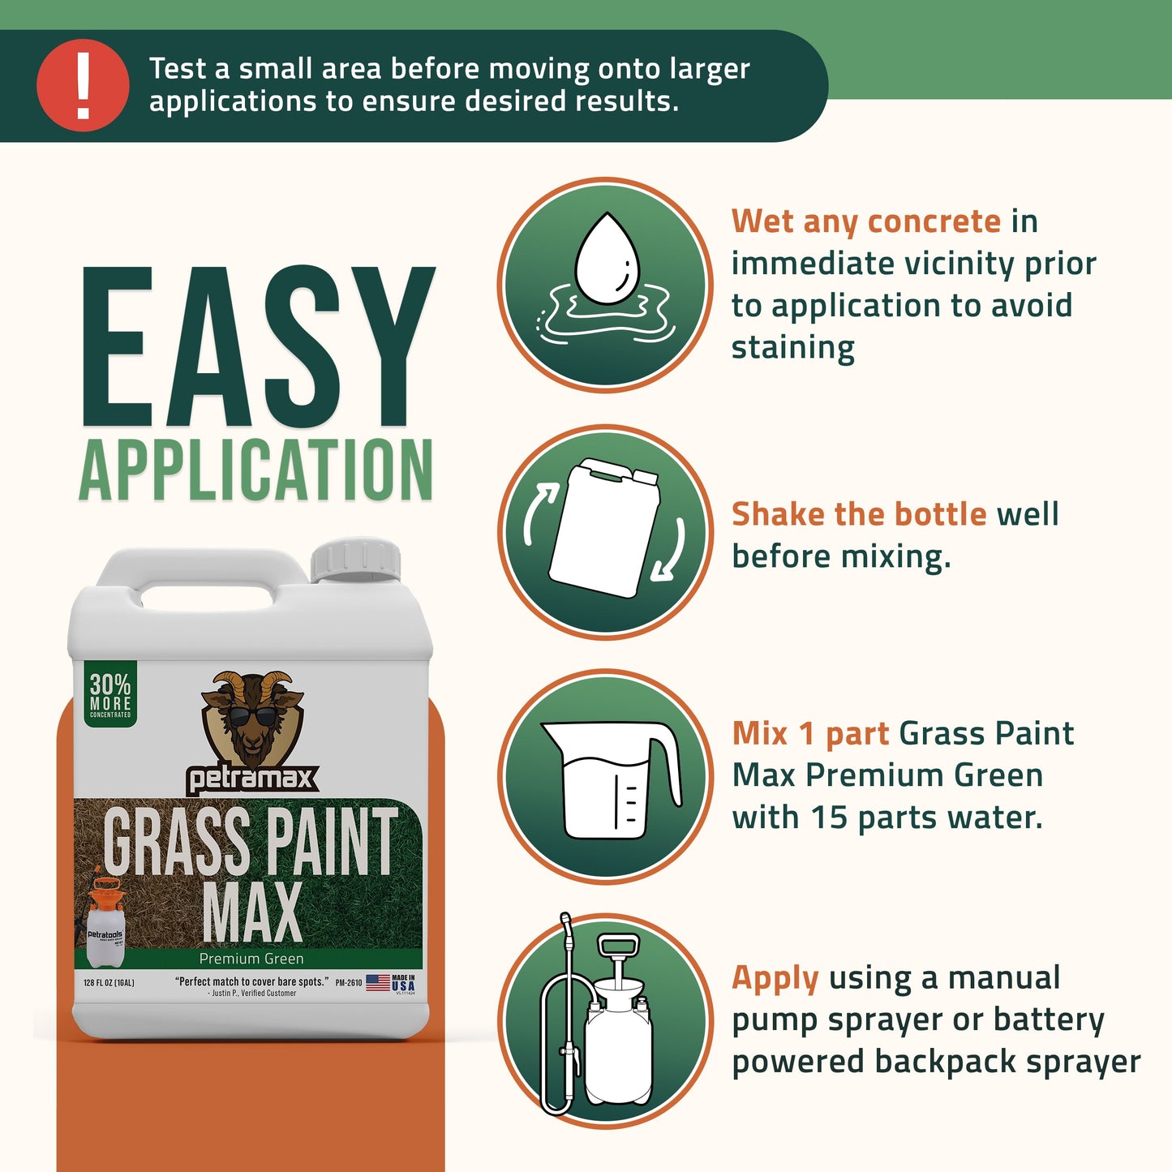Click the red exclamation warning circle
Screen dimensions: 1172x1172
pyautogui.click(x=83, y=85)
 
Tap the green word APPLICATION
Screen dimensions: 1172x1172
pyautogui.click(x=256, y=471)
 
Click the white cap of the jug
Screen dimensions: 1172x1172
pyautogui.click(x=355, y=560)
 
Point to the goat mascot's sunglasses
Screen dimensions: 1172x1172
pyautogui.click(x=252, y=717)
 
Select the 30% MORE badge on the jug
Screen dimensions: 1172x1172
pyautogui.click(x=110, y=694)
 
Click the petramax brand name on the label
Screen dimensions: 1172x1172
pyautogui.click(x=252, y=779)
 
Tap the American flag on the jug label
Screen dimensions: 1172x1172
pyautogui.click(x=378, y=983)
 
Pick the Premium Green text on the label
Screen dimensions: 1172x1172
pyautogui.click(x=251, y=959)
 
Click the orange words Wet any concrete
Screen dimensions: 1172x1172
pyautogui.click(x=865, y=221)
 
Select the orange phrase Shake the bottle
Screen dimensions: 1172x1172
pyautogui.click(x=858, y=514)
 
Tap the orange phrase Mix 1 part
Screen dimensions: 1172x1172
pyautogui.click(x=810, y=733)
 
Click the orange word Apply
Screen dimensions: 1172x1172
pyautogui.click(x=775, y=978)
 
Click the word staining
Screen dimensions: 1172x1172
pyautogui.click(x=792, y=348)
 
